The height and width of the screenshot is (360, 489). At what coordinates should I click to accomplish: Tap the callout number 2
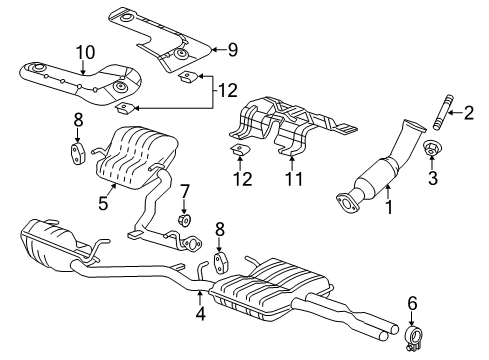pos(468,113)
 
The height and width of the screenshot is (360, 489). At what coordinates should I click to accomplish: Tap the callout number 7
pos(184,190)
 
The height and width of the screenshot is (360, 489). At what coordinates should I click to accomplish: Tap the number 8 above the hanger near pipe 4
pos(221,228)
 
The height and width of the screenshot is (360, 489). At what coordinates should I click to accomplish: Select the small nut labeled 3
pos(432,150)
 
